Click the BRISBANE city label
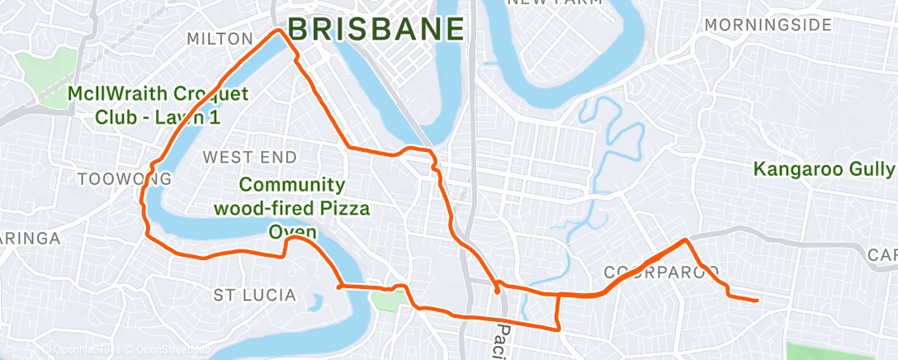[x=376, y=29]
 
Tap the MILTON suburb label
[x=220, y=39]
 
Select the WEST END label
[x=248, y=156]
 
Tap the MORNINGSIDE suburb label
[x=768, y=25]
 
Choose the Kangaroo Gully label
[x=824, y=169]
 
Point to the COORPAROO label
[x=661, y=272]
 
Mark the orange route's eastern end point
[x=757, y=300]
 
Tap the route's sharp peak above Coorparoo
[x=685, y=240]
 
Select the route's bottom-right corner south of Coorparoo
[x=558, y=328]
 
